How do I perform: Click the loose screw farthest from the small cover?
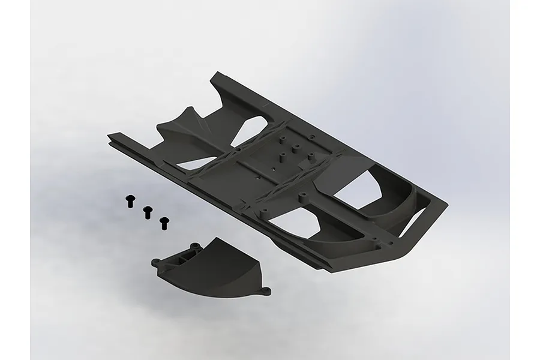[x=129, y=201]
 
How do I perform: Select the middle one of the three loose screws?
[x=146, y=211]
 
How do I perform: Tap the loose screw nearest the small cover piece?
[x=163, y=223]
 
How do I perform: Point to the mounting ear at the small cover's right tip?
[x=265, y=292]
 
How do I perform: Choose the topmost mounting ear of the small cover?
[x=195, y=245]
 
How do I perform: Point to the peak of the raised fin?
[x=191, y=110]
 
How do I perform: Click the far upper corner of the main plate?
[x=217, y=74]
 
